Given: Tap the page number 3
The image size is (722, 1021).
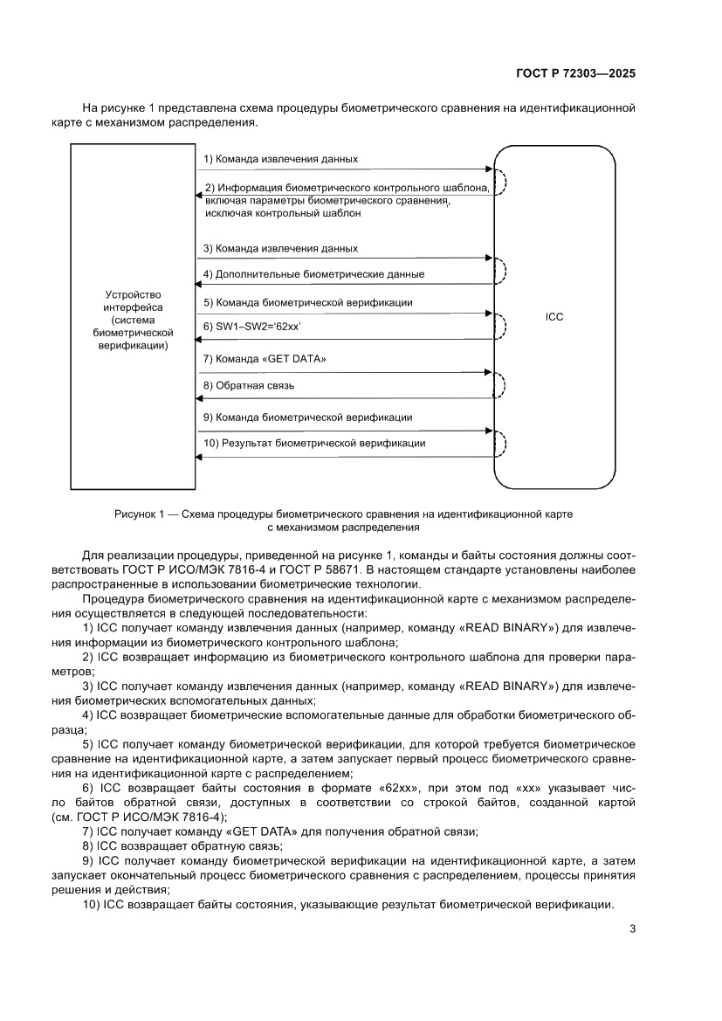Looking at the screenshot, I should [631, 929].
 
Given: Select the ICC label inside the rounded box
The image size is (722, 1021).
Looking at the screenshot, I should [554, 318].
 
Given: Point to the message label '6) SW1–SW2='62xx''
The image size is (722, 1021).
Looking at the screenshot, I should [252, 326].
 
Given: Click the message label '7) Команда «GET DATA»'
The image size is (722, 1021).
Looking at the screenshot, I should [265, 359].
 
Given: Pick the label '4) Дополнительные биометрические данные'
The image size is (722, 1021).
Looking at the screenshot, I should [313, 274].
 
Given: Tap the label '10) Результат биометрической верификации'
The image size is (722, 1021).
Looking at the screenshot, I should [314, 443].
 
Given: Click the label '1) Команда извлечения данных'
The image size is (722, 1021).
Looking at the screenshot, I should [280, 159].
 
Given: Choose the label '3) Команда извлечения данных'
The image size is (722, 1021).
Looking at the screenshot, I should [280, 248].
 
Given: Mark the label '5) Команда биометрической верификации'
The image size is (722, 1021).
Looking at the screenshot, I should [307, 302].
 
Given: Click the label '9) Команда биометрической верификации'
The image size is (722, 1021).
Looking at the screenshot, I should [307, 417].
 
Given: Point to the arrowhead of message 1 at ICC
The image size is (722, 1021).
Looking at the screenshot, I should [490, 170].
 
